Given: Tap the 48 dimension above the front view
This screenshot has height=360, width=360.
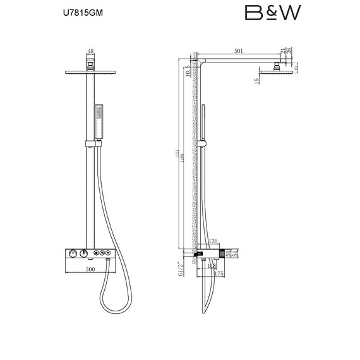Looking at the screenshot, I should pos(90,52).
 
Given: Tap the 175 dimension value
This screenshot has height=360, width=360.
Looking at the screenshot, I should pos(220,273).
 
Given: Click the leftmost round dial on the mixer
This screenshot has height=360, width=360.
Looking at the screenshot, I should pos(73,254).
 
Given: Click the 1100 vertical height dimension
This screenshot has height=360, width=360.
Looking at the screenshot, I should pos(183,161).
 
